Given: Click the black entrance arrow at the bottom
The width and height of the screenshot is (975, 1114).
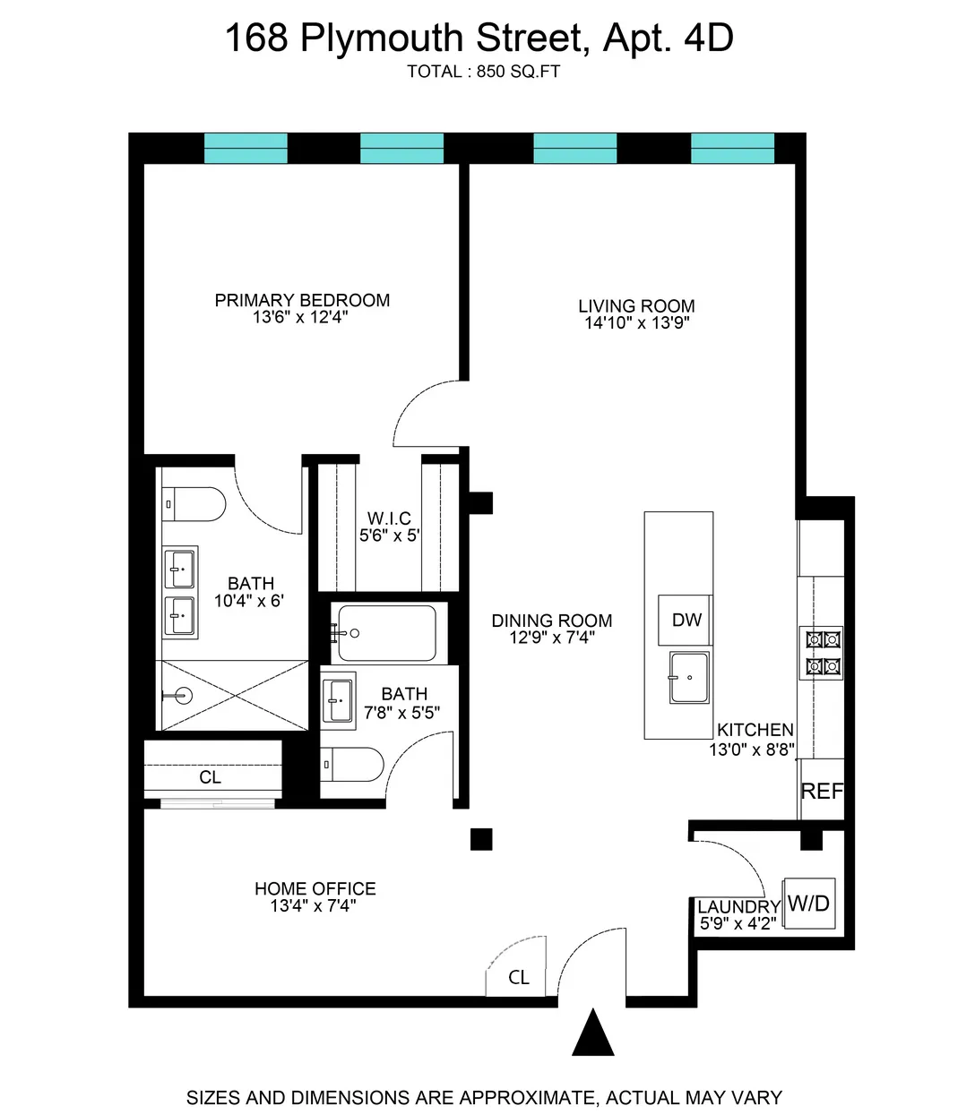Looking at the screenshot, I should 592,1034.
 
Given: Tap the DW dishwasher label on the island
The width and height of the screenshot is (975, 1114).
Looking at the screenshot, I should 686,620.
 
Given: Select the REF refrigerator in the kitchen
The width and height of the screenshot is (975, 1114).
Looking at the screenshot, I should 821,791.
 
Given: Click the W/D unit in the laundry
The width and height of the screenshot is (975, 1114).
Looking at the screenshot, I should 809,904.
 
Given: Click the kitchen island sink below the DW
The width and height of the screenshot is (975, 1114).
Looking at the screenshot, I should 688,678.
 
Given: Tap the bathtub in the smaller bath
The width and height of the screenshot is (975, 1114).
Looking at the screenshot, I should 388,633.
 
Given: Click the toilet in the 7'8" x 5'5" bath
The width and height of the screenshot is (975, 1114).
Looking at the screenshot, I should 352,765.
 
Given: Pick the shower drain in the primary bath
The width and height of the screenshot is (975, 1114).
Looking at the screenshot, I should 183,696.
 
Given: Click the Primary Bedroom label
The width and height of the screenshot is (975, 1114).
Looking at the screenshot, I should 302,300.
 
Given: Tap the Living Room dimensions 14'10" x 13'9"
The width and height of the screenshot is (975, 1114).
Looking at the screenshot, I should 636,323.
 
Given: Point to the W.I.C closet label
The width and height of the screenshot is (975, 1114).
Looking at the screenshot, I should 389,518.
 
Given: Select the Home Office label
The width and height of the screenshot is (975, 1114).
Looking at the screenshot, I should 315,888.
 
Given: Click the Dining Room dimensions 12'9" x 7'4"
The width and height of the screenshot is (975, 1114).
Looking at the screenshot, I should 552,638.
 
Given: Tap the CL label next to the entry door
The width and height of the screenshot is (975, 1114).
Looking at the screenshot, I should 518,977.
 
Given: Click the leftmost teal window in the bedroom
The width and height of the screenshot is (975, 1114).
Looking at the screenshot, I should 246,149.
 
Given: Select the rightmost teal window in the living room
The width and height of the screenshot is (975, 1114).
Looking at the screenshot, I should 732,149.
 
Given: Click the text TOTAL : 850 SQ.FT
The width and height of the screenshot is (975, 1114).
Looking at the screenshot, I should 483,72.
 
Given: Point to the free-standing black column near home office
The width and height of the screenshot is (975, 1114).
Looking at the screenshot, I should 481,839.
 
